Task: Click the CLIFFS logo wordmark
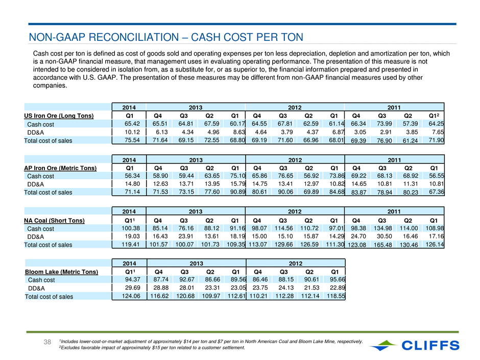pyautogui.click(x=430, y=345)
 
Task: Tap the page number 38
pyautogui.click(x=47, y=342)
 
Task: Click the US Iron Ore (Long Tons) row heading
pyautogui.click(x=59, y=116)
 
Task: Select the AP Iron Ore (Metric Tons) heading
pyautogui.click(x=60, y=168)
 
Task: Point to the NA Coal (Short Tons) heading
pyautogui.click(x=54, y=221)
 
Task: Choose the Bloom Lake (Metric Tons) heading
pyautogui.click(x=61, y=272)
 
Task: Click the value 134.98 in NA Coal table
pyautogui.click(x=382, y=228)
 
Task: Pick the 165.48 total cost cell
pyautogui.click(x=382, y=245)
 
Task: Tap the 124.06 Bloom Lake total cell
pyautogui.click(x=131, y=296)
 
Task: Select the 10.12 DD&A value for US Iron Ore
pyautogui.click(x=132, y=132)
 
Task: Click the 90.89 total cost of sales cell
pyautogui.click(x=238, y=192)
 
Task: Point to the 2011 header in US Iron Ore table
pyautogui.click(x=394, y=107)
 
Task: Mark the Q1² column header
pyautogui.click(x=434, y=116)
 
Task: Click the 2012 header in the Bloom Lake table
pyautogui.click(x=296, y=263)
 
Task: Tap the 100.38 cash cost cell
pyautogui.click(x=131, y=228)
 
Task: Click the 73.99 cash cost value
pyautogui.click(x=384, y=124)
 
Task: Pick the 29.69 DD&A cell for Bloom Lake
pyautogui.click(x=133, y=288)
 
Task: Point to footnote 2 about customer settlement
pyautogui.click(x=152, y=348)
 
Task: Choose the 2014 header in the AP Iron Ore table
pyautogui.click(x=129, y=160)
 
